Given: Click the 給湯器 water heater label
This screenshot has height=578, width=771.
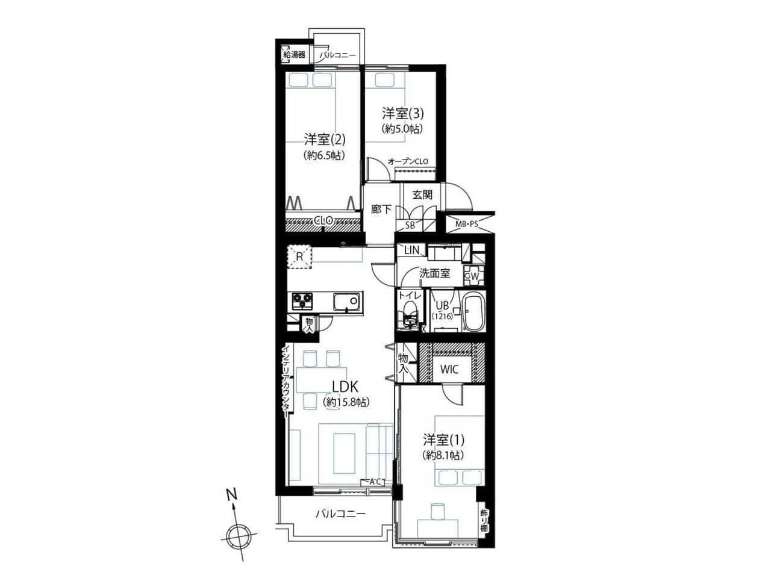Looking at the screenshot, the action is [x=295, y=55].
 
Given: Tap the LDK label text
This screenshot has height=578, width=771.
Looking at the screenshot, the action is [x=345, y=387].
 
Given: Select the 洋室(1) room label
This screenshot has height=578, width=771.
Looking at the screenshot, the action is [x=444, y=440].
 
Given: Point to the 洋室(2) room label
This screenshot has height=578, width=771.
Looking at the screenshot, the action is [x=325, y=140].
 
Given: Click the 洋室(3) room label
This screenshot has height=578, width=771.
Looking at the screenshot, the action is [x=403, y=113].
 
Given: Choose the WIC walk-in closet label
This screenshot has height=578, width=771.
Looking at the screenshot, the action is [x=449, y=369].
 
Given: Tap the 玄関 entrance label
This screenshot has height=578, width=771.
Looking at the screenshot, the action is [x=422, y=194].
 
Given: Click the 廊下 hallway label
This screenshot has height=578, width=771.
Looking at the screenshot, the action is [x=381, y=210].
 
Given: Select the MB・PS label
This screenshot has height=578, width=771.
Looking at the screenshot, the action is [x=467, y=223].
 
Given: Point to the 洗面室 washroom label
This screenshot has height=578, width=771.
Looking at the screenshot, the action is [x=434, y=273].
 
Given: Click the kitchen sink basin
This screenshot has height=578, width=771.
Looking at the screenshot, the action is [x=347, y=302].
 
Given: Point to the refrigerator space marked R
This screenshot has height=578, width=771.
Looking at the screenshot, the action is [x=299, y=257].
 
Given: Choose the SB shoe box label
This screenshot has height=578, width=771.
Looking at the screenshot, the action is [x=410, y=225].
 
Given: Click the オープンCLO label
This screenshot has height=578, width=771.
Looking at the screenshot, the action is [x=408, y=161].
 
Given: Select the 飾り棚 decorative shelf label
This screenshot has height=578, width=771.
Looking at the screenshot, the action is [x=484, y=524].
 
